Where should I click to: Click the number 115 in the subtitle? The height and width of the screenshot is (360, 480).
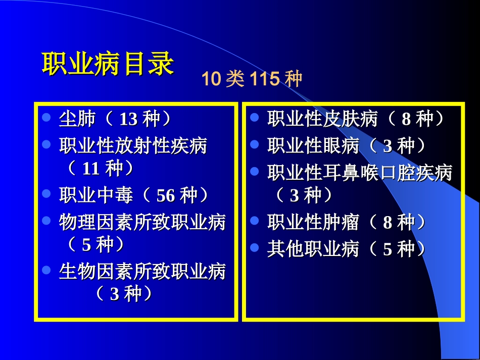264,79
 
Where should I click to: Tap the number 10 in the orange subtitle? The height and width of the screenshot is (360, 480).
212,79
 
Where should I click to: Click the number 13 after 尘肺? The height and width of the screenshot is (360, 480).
128,120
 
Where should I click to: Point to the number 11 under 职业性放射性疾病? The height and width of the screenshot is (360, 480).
91,169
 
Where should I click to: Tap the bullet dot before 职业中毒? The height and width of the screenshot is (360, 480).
46,193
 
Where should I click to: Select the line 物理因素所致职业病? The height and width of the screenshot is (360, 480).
142,222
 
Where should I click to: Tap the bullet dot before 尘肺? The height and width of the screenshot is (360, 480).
46,118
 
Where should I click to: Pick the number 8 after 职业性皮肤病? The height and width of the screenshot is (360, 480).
406,120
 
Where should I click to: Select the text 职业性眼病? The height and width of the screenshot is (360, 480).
313,146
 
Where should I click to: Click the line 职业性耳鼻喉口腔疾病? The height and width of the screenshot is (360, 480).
359,173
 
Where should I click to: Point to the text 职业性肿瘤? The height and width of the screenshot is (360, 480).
313,222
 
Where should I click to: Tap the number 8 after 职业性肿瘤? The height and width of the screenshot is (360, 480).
388,222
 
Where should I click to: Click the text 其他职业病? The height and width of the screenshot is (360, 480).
313,249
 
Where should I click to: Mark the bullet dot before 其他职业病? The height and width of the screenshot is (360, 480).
255,247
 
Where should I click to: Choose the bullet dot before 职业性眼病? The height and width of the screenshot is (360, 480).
255,144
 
